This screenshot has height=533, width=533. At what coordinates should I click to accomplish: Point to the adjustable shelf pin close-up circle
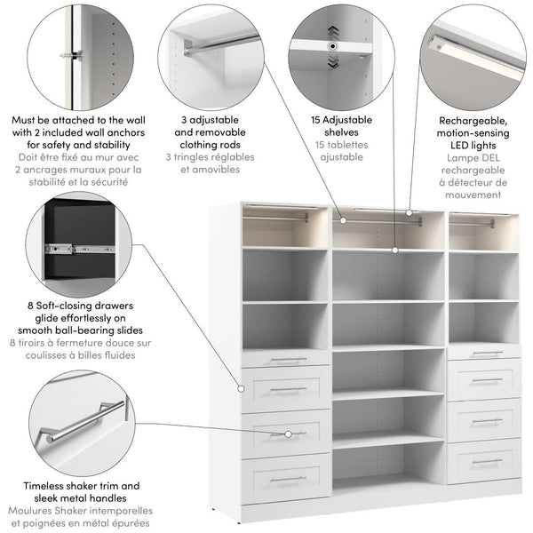[x=334, y=49]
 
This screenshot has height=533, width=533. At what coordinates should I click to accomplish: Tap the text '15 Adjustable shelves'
[x=337, y=126]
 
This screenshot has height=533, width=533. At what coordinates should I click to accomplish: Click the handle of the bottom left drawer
[x=288, y=479]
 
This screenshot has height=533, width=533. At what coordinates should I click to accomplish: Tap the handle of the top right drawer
[x=487, y=354]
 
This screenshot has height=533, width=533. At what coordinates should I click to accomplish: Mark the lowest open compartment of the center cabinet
[x=388, y=465]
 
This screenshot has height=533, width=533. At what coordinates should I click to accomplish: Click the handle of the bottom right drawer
[x=487, y=461]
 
